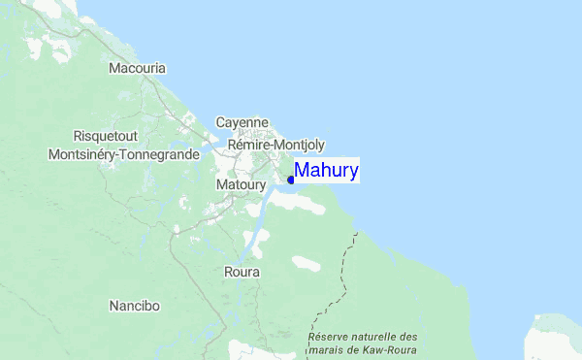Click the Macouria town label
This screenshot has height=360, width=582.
click(137, 69)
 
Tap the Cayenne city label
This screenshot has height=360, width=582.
click(242, 123)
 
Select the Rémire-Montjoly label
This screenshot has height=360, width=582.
click(276, 144)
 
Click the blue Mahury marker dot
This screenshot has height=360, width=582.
click(291, 180)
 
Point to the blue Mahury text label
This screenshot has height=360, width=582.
click(327, 172)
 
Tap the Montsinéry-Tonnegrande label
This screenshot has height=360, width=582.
click(123, 153)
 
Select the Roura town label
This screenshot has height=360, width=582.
click(242, 273)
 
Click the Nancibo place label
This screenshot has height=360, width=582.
click(134, 306)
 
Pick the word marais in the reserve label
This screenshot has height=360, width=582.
click(326, 349)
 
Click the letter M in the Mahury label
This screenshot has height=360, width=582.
click(302, 172)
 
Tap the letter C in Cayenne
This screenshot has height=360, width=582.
click(220, 123)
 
